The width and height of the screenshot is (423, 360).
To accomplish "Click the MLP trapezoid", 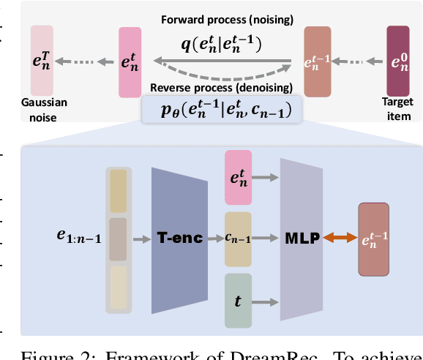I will tap(302, 238).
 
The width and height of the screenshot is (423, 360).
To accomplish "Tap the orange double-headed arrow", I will tap(339, 238).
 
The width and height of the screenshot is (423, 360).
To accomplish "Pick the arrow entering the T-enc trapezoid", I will tap(141, 238).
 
